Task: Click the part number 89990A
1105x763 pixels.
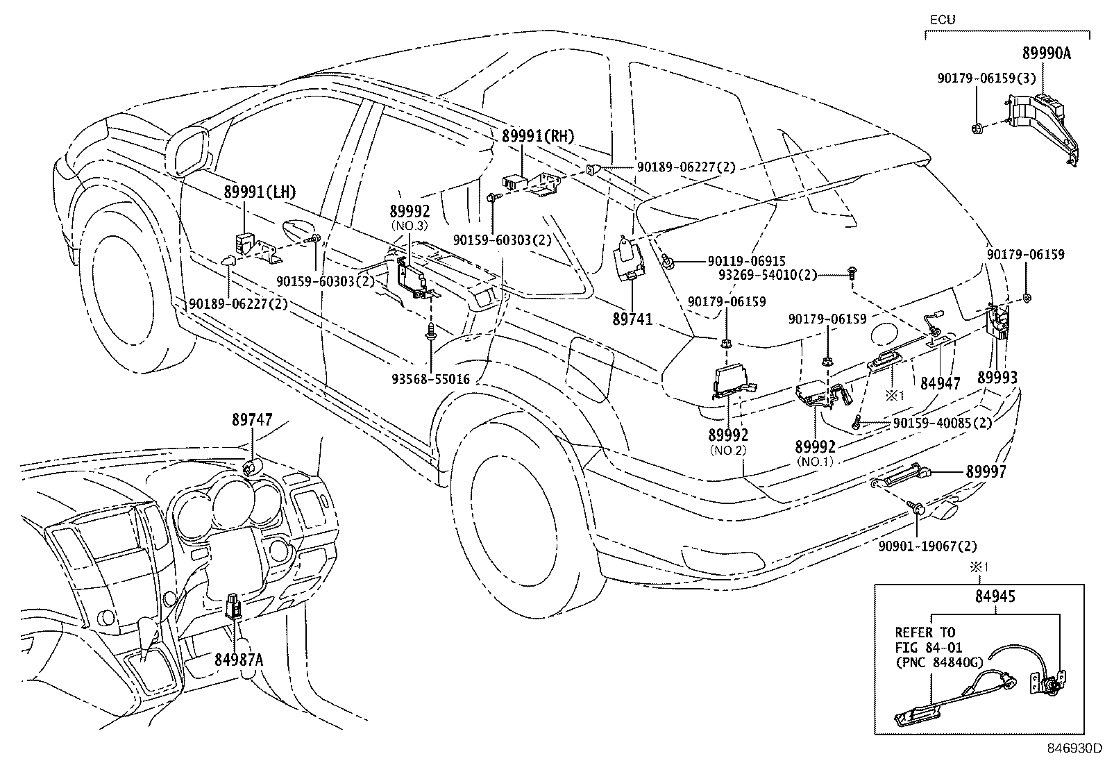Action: pos(1046,53)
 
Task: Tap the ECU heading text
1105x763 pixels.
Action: pos(943,19)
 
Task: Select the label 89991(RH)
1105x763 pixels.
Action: pos(538,136)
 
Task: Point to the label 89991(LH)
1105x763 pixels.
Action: pos(260,192)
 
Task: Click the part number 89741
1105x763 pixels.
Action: pos(632,319)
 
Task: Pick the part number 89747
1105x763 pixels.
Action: pos(252,419)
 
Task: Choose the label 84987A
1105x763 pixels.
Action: pos(239,660)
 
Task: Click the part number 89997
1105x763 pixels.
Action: pos(986,472)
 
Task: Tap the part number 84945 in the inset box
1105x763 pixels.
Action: pos(995,596)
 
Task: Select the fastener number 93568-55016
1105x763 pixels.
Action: pos(430,379)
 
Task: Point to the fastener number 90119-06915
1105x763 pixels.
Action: pos(746,261)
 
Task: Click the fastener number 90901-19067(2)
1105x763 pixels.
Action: pos(927,546)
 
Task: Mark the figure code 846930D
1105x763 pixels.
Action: pos(1074,748)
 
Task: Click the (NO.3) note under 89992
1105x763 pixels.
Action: pos(410,226)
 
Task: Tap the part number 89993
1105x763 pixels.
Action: pos(997,378)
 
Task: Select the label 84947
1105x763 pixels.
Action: pos(940,383)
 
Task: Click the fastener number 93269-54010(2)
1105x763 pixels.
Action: pos(768,275)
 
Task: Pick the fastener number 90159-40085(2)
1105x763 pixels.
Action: pos(942,423)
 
